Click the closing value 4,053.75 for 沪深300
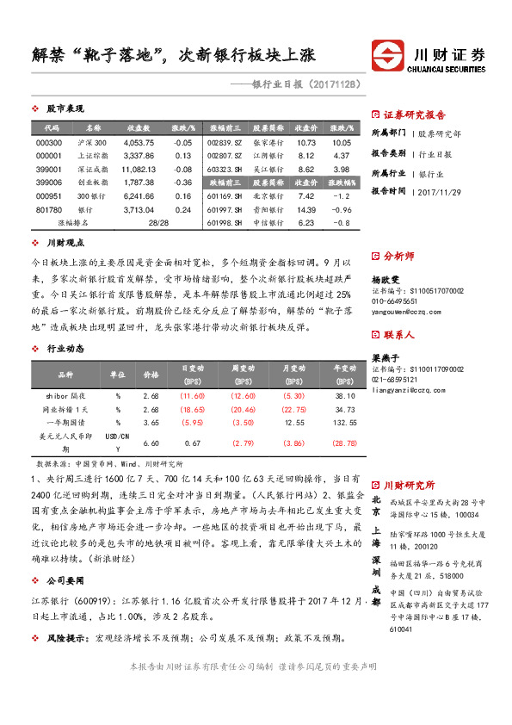139,142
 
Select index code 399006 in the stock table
48,183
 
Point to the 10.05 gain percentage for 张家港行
342,142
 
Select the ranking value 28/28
158,222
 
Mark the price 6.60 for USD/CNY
151,443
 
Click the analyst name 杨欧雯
386,281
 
